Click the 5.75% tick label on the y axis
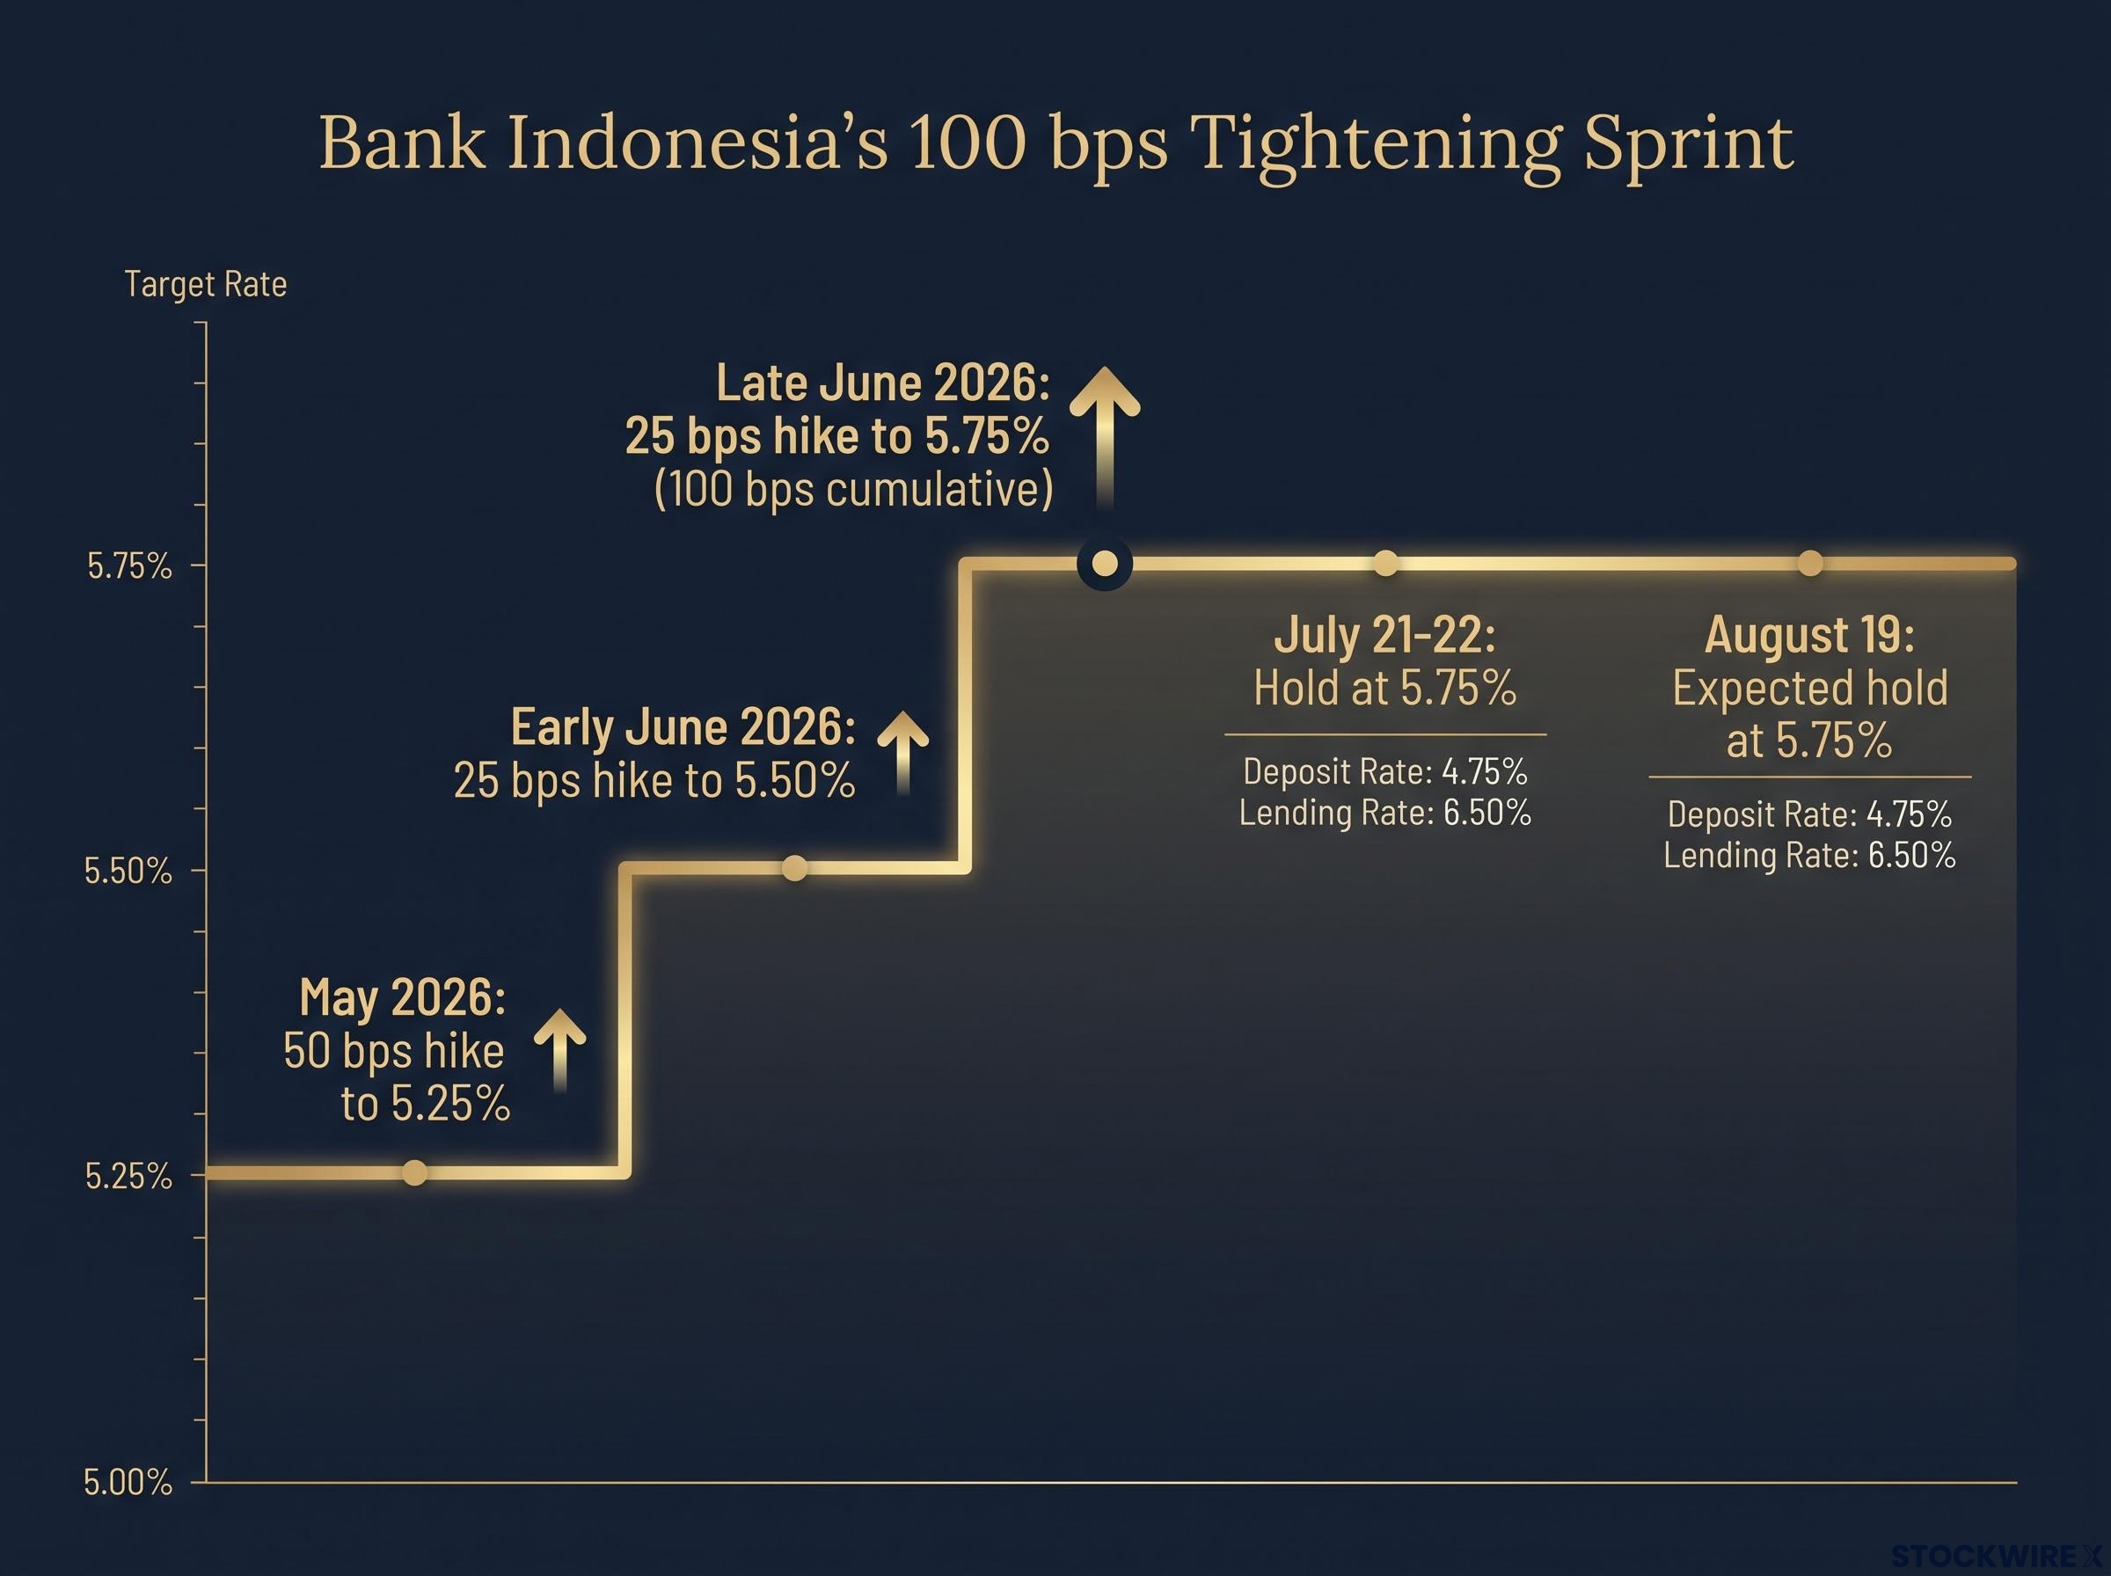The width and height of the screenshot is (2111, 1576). [129, 565]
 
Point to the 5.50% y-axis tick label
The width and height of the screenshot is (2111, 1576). [128, 871]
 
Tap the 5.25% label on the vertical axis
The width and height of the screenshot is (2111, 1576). [128, 1176]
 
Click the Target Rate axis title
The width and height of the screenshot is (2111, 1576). [205, 284]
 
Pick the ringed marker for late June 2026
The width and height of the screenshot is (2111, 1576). [1105, 564]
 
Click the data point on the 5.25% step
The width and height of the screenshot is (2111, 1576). [414, 1172]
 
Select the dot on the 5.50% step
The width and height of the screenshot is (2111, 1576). [794, 868]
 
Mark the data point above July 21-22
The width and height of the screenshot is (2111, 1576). [1385, 564]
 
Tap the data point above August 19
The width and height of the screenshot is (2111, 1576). [1809, 564]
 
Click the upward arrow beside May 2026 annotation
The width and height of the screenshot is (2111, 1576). [560, 1050]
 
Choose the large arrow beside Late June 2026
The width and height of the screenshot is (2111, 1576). [1105, 439]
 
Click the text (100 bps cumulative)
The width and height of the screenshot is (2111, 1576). [854, 489]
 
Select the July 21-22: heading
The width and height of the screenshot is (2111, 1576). [1385, 634]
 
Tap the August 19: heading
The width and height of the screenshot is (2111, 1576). [1809, 634]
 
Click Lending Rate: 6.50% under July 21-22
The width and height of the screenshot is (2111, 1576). [1385, 813]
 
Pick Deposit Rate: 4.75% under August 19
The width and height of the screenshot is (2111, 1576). [1809, 814]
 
